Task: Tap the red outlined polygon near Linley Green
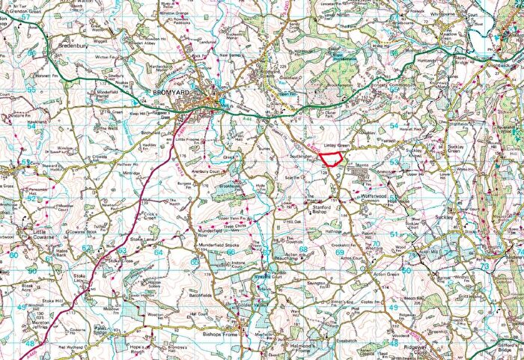coord(330,157)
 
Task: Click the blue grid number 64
coord(158,252)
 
